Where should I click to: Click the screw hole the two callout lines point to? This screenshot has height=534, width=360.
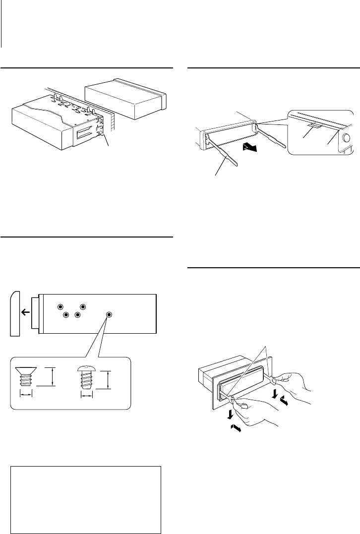click(109, 315)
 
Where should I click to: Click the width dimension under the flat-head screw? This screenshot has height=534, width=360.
click(25, 393)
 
